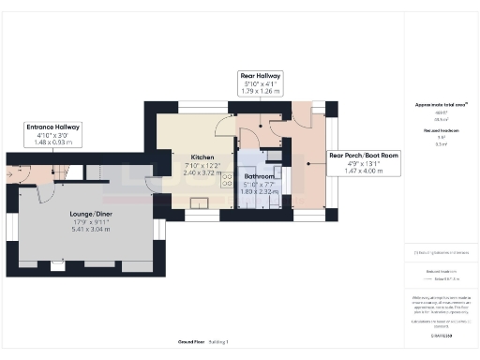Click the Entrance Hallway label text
point(53,127)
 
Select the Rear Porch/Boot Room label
point(364,156)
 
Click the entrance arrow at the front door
point(10,172)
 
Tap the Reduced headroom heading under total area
point(442,133)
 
